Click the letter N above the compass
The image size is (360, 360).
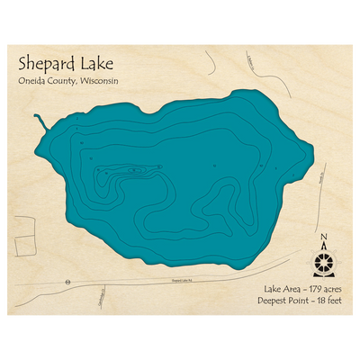point(323,238)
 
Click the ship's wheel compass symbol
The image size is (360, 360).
point(323,262)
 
